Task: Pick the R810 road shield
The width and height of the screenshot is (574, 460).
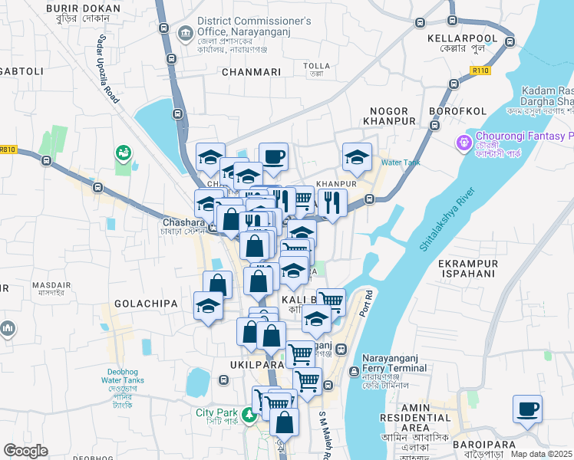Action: coord(8,149)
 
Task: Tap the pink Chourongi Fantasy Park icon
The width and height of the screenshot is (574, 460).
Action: coord(463,142)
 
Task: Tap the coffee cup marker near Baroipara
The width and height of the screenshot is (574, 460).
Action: coord(527,409)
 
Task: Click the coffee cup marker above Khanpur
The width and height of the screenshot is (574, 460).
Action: coord(273,156)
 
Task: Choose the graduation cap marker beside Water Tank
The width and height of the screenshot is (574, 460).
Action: coord(357,157)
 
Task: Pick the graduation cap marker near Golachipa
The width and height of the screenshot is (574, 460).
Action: coord(208,306)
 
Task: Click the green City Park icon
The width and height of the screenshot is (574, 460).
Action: coord(248,416)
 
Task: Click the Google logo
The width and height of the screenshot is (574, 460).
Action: coord(25,451)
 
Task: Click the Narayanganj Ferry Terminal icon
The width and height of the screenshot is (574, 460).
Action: coord(354,373)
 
